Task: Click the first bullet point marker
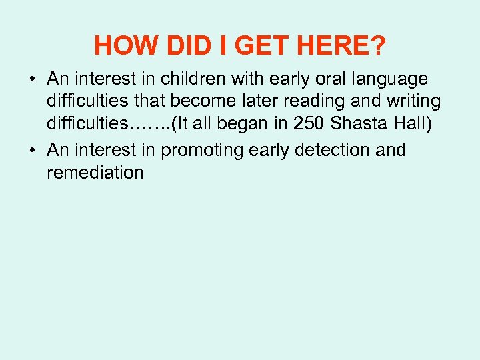(32, 80)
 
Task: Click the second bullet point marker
(32, 151)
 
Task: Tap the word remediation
(95, 173)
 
